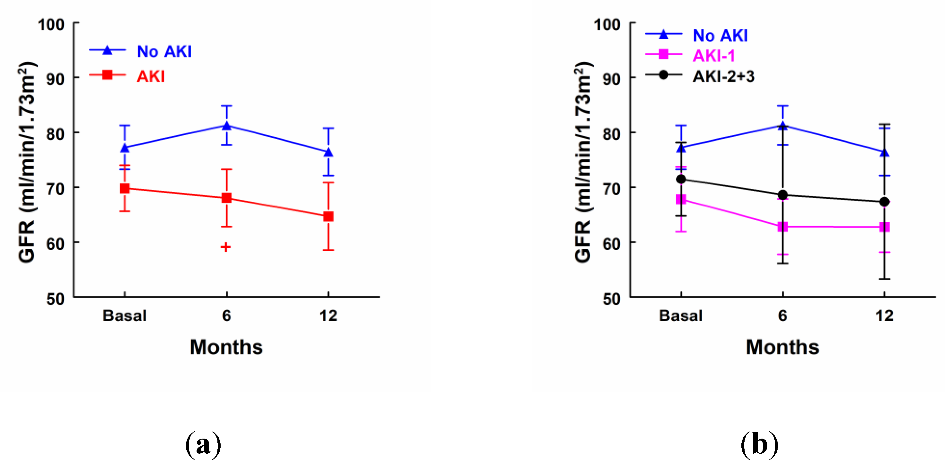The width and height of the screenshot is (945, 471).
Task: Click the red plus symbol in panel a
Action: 226,247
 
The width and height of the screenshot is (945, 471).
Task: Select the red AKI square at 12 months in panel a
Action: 328,216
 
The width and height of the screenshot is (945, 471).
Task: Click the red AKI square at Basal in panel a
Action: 125,189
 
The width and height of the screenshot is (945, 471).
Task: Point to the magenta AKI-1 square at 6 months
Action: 782,227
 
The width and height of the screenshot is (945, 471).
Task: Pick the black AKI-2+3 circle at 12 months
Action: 884,202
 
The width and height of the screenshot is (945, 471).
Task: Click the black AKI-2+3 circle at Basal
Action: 681,179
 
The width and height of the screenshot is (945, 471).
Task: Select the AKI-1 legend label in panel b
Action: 714,56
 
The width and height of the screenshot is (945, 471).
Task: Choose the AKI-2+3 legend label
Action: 723,76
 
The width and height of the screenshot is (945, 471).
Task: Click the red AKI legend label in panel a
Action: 151,76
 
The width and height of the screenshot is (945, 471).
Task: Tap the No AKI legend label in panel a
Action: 164,51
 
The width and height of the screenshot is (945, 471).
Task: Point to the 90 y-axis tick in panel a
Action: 55,79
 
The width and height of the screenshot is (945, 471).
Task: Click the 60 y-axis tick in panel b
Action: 612,244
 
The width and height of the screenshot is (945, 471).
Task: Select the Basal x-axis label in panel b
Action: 681,316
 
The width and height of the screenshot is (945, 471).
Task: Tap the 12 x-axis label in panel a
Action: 328,316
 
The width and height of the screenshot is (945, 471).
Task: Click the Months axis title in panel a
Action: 226,347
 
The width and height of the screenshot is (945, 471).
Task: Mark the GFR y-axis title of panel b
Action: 583,161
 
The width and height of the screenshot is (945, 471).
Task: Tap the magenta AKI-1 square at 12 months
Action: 884,227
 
